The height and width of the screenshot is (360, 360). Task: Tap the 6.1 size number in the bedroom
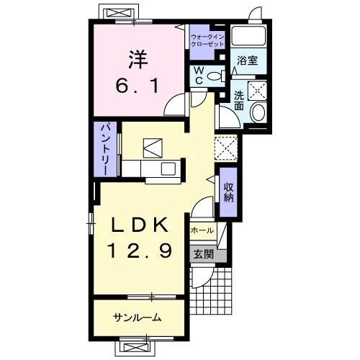138,86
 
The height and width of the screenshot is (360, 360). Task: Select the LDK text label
140,225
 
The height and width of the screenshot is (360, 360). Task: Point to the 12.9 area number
140,251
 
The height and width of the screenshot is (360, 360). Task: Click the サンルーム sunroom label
138,318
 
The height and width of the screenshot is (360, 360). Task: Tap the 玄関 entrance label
204,254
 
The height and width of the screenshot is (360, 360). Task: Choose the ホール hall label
202,230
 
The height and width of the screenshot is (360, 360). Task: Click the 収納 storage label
228,192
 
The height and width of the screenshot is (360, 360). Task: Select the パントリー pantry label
106,149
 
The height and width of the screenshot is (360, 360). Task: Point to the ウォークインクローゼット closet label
207,40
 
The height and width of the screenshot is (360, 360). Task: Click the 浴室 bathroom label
247,60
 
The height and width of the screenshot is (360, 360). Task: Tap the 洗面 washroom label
239,100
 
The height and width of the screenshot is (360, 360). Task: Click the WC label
199,76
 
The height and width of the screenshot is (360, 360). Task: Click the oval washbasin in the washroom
258,112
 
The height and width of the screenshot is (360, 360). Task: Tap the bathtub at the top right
248,36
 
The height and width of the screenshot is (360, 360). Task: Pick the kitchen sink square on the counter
168,168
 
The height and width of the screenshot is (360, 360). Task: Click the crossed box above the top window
118,12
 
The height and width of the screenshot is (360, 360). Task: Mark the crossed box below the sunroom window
134,348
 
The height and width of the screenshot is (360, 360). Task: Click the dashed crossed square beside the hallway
226,148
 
